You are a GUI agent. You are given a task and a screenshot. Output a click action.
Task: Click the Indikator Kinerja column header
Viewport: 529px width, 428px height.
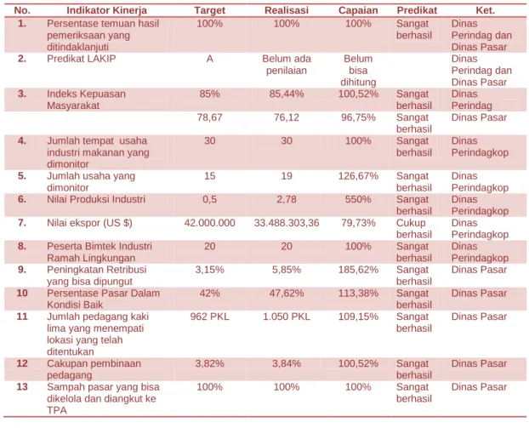106,10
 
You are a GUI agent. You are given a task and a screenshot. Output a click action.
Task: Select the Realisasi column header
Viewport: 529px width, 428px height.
287,10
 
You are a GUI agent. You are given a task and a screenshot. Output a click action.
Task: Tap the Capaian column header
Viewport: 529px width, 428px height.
358,10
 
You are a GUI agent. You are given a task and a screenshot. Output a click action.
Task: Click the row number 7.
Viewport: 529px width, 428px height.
22,223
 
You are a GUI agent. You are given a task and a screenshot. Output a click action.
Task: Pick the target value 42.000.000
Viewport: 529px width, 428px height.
209,223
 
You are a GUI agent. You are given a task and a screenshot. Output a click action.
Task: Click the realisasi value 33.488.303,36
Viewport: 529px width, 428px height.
287,223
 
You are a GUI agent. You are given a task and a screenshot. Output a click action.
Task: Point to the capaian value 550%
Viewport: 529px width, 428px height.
358,199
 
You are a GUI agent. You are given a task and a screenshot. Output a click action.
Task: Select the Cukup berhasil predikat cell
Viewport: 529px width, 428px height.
414,229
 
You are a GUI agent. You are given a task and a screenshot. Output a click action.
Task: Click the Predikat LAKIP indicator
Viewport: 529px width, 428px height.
82,59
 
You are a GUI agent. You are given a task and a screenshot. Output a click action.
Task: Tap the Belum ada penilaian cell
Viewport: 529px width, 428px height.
287,65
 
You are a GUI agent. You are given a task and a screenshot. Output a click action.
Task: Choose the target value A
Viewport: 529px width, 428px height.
209,59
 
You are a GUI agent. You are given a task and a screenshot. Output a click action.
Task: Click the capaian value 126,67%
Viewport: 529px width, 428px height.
358,176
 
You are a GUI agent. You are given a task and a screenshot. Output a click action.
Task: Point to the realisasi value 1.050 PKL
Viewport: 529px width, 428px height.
287,317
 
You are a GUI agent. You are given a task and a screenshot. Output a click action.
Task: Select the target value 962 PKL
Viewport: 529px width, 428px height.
209,317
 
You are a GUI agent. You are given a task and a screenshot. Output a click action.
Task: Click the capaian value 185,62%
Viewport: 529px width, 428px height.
358,270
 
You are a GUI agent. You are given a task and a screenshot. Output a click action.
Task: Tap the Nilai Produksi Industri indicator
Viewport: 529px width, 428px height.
96,199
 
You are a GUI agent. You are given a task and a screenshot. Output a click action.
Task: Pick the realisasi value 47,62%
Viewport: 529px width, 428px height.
287,293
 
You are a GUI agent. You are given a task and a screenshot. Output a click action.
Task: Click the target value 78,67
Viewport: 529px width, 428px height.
209,117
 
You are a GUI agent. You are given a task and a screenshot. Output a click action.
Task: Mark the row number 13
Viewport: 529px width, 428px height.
22,387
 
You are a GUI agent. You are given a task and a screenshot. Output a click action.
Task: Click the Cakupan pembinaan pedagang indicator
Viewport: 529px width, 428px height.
94,369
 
